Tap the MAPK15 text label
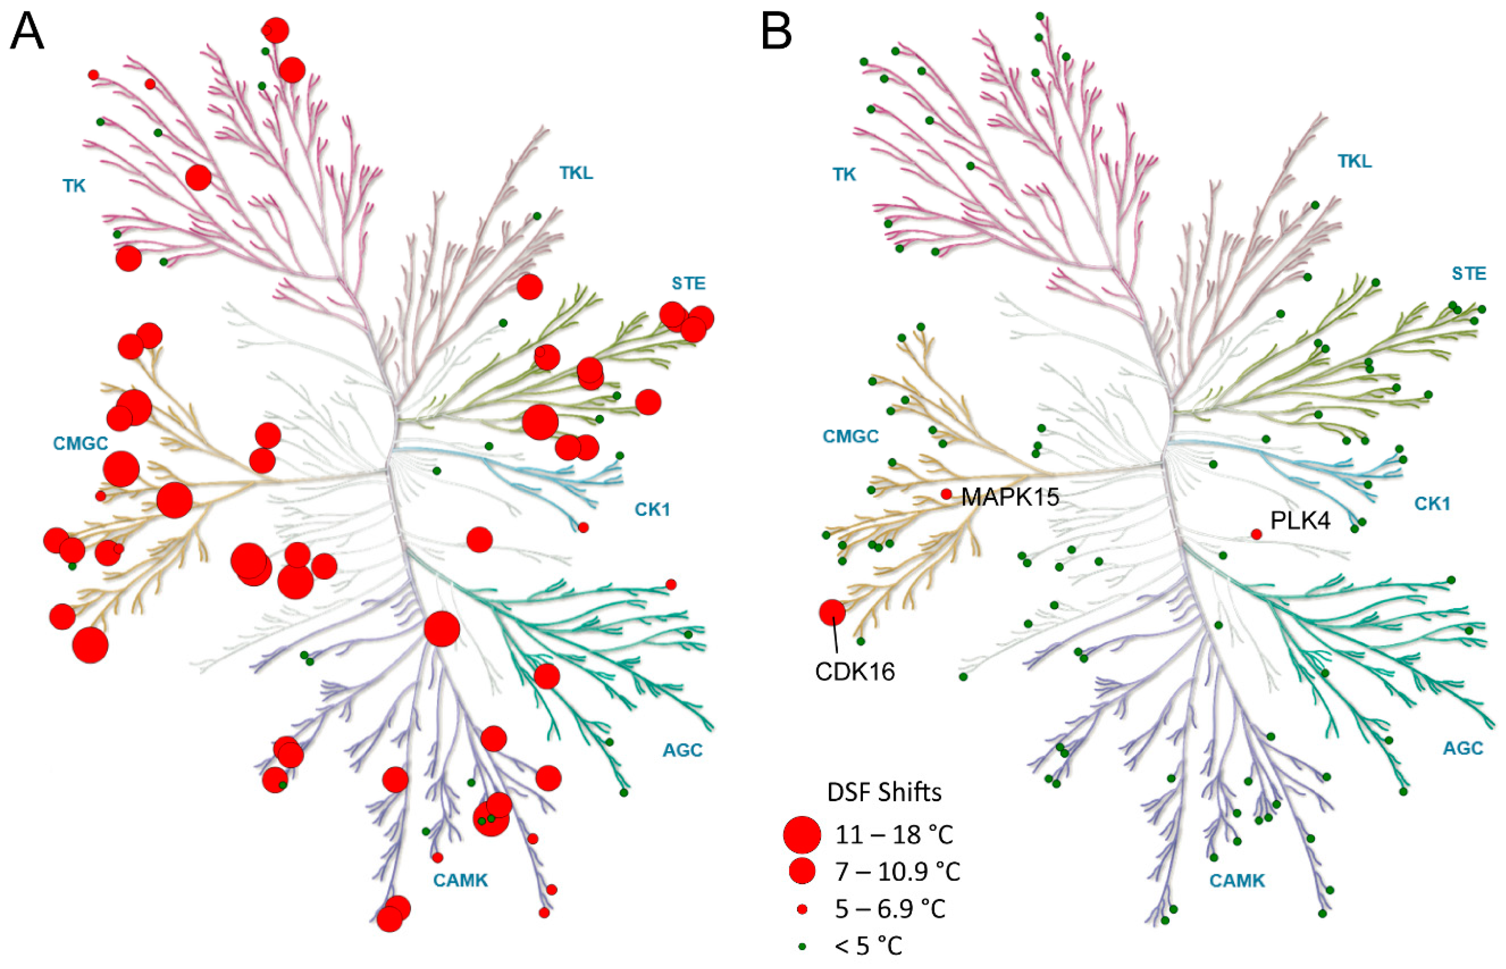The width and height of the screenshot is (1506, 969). coord(1010,497)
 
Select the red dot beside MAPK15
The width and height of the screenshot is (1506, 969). coord(946,495)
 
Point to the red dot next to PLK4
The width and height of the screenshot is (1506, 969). coord(1256,534)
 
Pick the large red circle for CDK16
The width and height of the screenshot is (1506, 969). coord(832,612)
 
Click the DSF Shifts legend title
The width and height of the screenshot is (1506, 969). coord(884,792)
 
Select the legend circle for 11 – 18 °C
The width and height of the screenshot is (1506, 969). coord(802,834)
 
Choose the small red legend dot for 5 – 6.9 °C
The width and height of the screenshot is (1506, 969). coord(802,909)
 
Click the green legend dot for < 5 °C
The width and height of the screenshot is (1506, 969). coord(802,946)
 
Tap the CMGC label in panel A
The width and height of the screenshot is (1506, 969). coord(80,443)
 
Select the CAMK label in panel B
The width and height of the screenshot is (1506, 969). coord(1237,880)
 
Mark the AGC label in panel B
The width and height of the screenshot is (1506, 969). coord(1463,748)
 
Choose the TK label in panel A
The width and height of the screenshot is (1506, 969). coord(74,186)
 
